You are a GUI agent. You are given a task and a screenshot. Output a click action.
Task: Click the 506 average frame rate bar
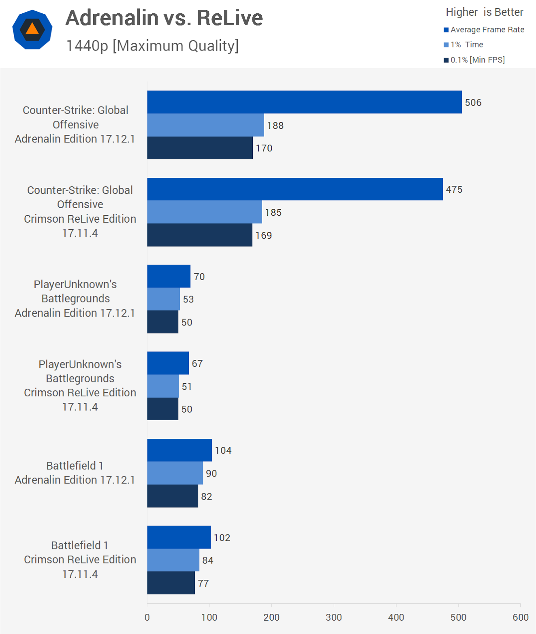pyautogui.click(x=304, y=102)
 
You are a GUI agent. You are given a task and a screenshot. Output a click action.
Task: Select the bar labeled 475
pyautogui.click(x=295, y=189)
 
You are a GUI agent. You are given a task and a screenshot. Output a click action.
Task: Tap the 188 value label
pyautogui.click(x=275, y=126)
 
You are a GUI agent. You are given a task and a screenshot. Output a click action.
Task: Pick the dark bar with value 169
pyautogui.click(x=200, y=235)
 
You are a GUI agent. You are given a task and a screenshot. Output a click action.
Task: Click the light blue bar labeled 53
pyautogui.click(x=163, y=299)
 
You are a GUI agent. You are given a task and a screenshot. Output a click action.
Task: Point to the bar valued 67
pyautogui.click(x=168, y=363)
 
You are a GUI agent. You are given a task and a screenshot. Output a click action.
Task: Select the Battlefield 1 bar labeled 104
pyautogui.click(x=179, y=450)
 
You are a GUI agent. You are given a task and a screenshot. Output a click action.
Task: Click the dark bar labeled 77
pyautogui.click(x=171, y=583)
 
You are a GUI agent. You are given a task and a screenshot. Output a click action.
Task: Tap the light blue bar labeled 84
pyautogui.click(x=173, y=560)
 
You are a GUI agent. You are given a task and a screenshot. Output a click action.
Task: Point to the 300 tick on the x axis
pyautogui.click(x=334, y=617)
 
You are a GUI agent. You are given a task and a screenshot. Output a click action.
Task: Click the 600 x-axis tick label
pyautogui.click(x=521, y=617)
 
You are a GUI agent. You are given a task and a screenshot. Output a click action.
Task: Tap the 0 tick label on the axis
pyautogui.click(x=147, y=617)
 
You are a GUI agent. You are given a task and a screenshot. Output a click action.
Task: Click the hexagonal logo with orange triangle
pyautogui.click(x=32, y=30)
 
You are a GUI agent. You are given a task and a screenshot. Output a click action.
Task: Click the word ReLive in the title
pyautogui.click(x=230, y=18)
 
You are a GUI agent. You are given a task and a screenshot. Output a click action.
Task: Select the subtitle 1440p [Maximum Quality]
pyautogui.click(x=152, y=46)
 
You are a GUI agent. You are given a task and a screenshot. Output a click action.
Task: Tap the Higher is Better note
pyautogui.click(x=485, y=12)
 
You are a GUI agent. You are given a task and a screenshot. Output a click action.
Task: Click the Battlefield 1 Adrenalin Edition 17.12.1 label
pyautogui.click(x=75, y=473)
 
